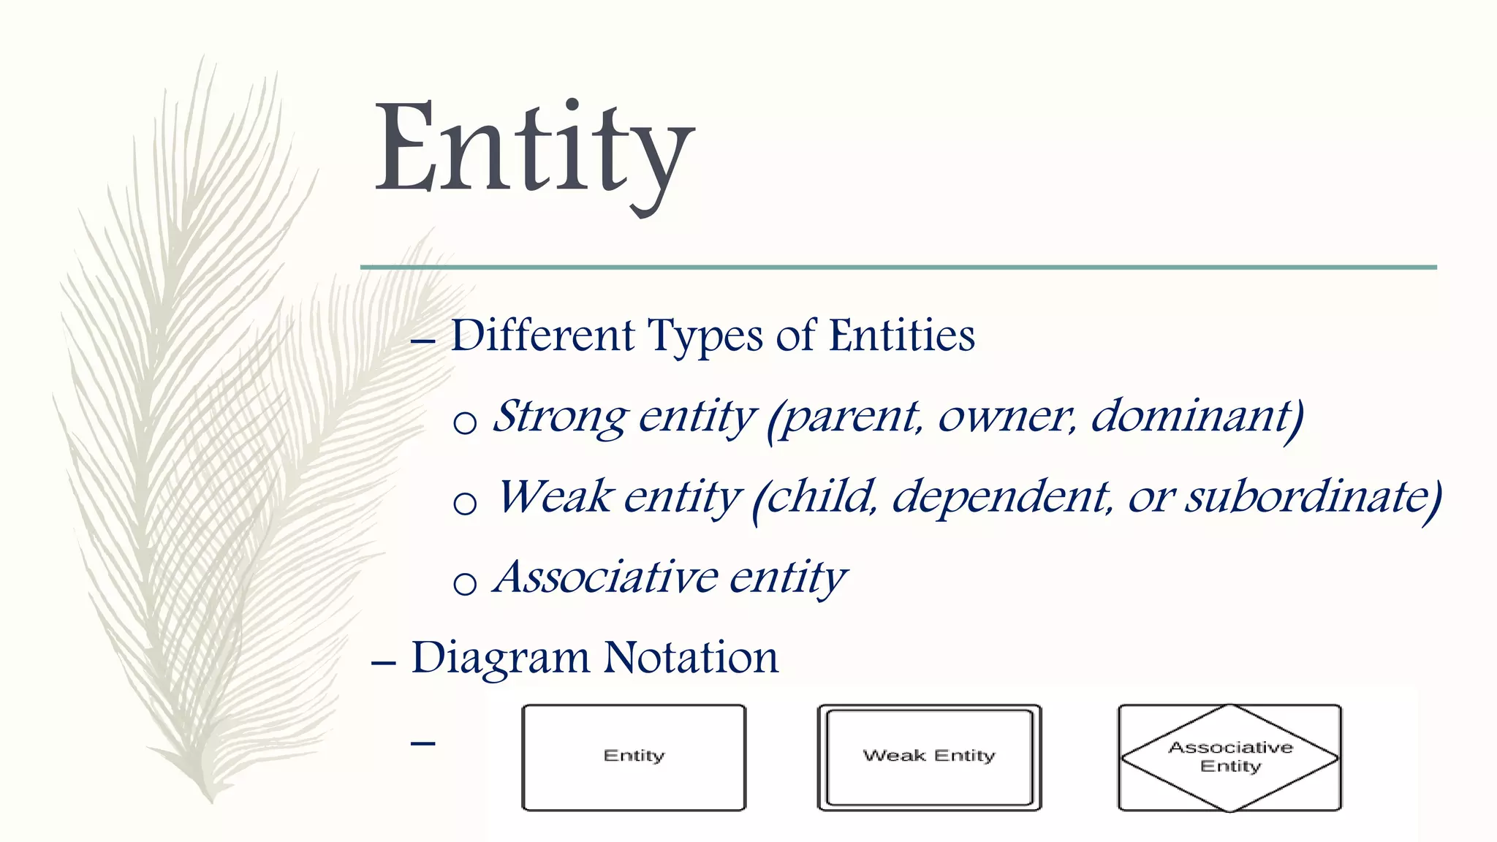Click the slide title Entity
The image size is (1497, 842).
pos(534,150)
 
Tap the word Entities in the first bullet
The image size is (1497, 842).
pos(902,335)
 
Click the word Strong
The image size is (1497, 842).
pos(559,417)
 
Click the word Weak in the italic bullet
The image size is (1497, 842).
pos(555,497)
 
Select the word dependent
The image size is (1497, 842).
pos(1002,497)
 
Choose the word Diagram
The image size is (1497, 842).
pos(500,657)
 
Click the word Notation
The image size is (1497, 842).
pos(691,657)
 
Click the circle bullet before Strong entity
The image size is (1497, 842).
pos(465,422)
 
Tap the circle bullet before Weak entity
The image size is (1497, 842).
pos(465,503)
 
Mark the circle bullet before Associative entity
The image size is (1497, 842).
pos(465,583)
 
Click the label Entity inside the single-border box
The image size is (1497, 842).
pos(634,756)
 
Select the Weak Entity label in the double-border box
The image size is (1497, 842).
pos(929,756)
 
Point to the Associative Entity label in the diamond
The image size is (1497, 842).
pos(1230,756)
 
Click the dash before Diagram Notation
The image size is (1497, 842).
pos(384,663)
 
